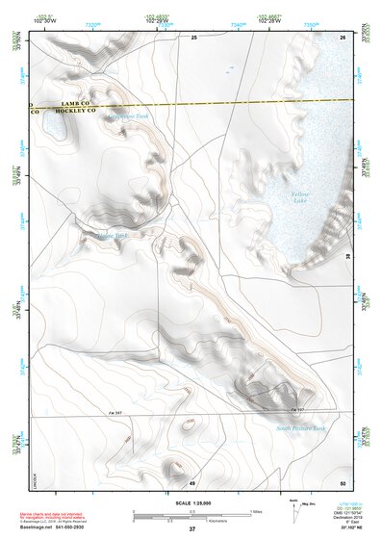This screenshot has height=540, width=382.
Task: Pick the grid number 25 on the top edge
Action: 194,37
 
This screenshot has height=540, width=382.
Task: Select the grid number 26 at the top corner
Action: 343,37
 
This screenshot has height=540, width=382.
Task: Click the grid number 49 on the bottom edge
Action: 192,482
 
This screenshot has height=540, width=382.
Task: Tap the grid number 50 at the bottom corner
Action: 343,482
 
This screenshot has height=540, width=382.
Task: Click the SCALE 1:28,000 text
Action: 192,502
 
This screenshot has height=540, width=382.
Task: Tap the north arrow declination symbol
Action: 294,507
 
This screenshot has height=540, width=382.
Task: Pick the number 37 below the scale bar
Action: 192,529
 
